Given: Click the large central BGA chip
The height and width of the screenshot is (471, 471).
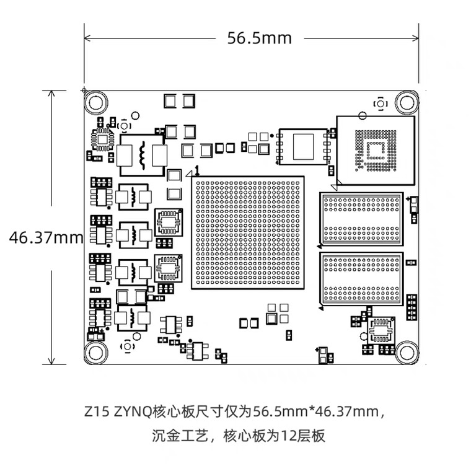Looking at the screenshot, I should tap(248, 232).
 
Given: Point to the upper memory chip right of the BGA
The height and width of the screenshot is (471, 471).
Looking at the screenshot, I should tap(361, 219).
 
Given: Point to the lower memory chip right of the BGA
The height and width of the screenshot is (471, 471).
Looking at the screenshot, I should tap(361, 278).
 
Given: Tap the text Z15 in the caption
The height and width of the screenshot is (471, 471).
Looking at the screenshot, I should tap(97, 411).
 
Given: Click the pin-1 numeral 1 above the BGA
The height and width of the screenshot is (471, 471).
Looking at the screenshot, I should tap(197, 170).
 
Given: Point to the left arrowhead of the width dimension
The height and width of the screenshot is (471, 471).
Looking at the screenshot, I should tap(87, 38).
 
